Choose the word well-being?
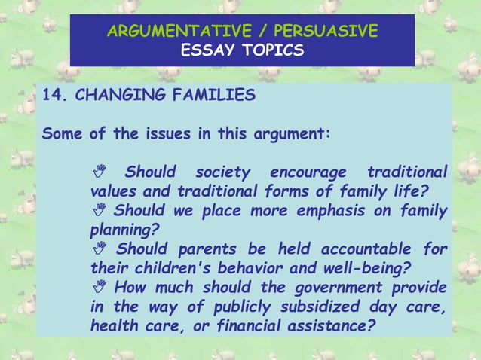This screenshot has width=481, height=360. (x=362, y=268)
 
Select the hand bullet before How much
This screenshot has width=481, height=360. (x=96, y=288)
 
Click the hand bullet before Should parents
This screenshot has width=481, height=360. (x=96, y=249)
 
